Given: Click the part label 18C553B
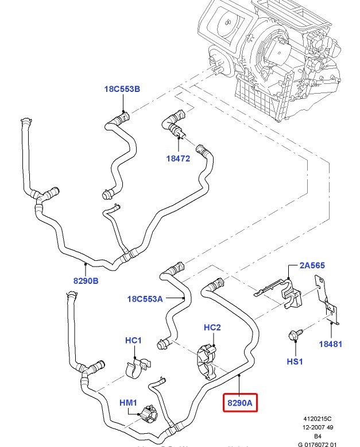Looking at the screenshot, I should pyautogui.click(x=122, y=89).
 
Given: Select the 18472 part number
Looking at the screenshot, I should pyautogui.click(x=178, y=158).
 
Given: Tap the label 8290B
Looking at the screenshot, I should pyautogui.click(x=86, y=281).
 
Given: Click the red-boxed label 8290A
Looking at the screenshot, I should pyautogui.click(x=239, y=403).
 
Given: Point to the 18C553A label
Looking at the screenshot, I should pyautogui.click(x=145, y=299).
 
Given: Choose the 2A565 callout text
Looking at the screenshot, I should pyautogui.click(x=312, y=265).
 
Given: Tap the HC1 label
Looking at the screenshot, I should pyautogui.click(x=133, y=340).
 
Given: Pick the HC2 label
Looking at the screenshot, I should pyautogui.click(x=212, y=327).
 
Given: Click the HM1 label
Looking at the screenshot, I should pyautogui.click(x=128, y=402).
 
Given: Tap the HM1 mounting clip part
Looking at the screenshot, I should pyautogui.click(x=150, y=414).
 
